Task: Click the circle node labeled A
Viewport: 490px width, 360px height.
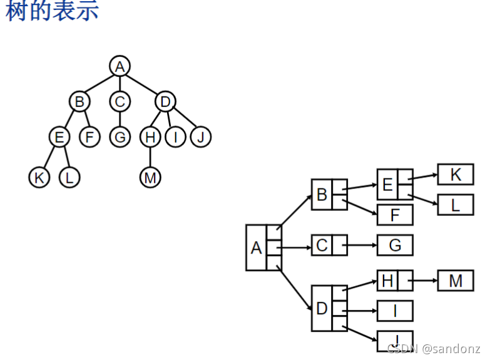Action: click(120, 66)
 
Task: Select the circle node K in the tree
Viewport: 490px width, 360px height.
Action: click(39, 177)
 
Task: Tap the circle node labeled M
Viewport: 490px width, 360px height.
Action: click(150, 177)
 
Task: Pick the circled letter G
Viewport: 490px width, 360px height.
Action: click(119, 136)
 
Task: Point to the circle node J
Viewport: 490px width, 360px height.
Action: click(200, 136)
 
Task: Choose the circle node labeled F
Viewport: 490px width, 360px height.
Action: click(89, 136)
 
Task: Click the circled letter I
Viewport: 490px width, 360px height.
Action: click(176, 136)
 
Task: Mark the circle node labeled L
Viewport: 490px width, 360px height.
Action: click(69, 177)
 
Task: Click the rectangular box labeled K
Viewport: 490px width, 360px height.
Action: click(456, 174)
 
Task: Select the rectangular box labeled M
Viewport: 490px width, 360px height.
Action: click(456, 280)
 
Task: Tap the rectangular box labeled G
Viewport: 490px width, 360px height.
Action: click(395, 245)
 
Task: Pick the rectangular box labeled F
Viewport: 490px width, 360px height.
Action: click(395, 215)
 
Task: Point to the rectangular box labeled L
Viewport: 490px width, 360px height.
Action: click(456, 204)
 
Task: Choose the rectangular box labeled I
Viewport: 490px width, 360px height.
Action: click(395, 310)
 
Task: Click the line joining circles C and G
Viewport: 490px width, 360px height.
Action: click(119, 118)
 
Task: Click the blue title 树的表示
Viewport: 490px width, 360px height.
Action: click(52, 11)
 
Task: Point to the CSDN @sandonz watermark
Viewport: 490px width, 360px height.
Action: click(433, 348)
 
